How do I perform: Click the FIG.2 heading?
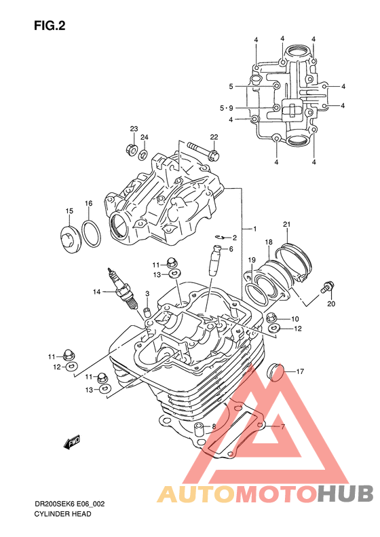(50, 26)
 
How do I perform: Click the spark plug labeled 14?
(123, 289)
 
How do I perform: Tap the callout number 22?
(214, 137)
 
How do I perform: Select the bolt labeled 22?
(203, 151)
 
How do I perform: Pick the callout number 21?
(286, 225)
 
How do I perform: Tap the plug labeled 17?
(275, 371)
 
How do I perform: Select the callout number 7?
(283, 427)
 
